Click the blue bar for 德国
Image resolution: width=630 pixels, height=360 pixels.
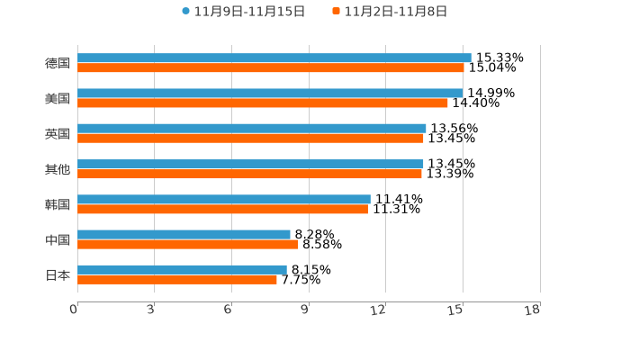(x=274, y=58)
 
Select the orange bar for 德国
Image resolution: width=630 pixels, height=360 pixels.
(x=271, y=67)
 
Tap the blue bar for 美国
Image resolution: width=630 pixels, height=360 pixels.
(x=270, y=93)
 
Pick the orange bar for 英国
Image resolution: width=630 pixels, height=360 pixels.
(x=250, y=138)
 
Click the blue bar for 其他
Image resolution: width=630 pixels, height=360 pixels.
(x=250, y=164)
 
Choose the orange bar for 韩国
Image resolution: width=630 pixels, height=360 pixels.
(x=222, y=209)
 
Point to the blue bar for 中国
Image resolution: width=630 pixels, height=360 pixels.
(x=184, y=234)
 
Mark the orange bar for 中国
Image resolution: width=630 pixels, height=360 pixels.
(x=188, y=244)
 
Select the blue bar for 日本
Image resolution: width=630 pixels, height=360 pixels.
(x=182, y=269)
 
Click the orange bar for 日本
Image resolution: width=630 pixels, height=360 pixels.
(x=177, y=279)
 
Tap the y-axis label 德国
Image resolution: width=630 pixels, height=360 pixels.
(x=58, y=63)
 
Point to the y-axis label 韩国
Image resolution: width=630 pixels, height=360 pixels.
(x=58, y=204)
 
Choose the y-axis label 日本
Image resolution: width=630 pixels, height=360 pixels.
(x=58, y=274)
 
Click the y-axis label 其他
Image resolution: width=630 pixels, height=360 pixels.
(x=58, y=169)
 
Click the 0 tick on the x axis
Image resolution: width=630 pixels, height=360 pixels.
(x=74, y=310)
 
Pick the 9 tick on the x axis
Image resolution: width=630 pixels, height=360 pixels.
(x=305, y=310)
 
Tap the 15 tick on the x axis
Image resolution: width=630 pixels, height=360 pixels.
(x=456, y=310)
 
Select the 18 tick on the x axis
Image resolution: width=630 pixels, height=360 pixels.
(x=533, y=310)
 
